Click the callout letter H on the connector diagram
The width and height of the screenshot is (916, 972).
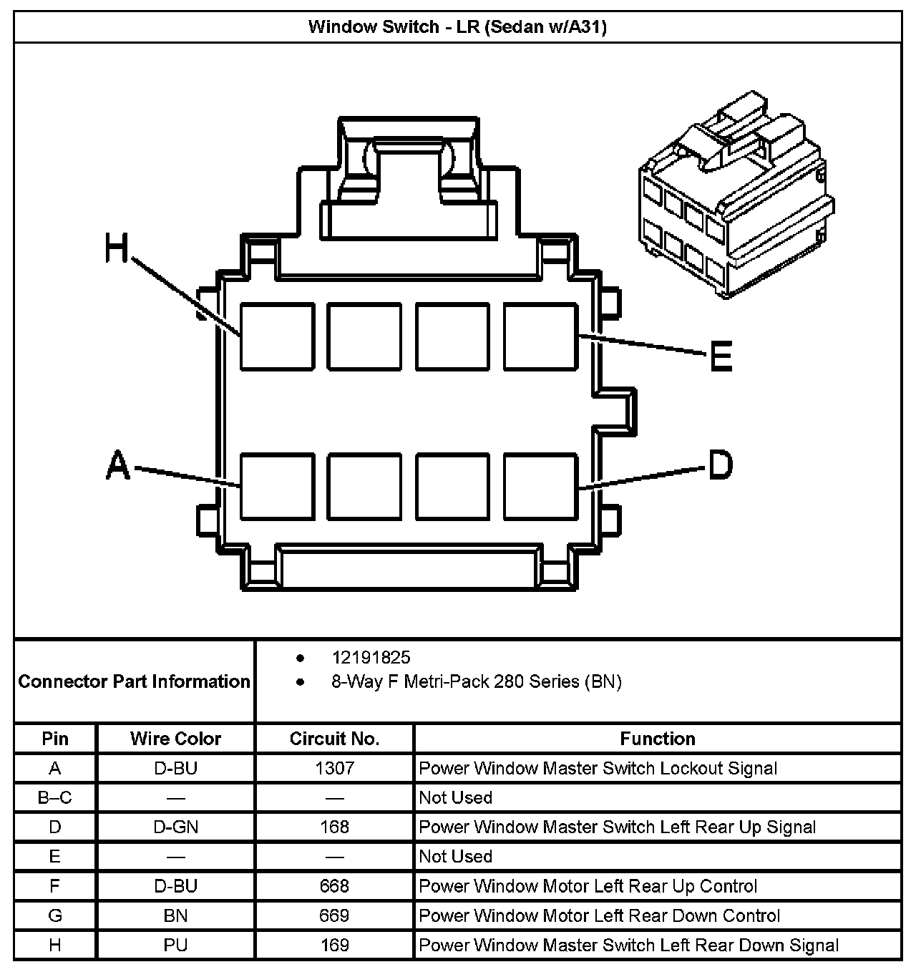(116, 248)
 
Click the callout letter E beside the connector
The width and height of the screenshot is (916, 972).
(721, 356)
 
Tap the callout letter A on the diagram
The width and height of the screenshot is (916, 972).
(118, 465)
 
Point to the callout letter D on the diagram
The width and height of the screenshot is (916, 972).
(720, 465)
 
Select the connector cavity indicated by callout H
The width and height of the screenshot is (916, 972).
(277, 336)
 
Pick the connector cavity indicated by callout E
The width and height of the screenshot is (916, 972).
(540, 336)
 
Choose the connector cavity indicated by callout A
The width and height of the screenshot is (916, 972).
(277, 486)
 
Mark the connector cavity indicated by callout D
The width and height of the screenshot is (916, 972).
(540, 486)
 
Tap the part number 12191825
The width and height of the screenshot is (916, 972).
(371, 657)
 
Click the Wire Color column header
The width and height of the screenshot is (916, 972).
(175, 739)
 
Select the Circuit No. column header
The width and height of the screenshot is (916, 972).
(334, 739)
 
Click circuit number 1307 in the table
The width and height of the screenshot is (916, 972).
(334, 768)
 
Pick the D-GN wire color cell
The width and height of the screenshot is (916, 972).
(175, 827)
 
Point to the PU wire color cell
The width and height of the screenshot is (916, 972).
(175, 945)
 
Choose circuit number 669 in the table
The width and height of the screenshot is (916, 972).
(334, 915)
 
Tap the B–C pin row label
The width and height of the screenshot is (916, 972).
(55, 797)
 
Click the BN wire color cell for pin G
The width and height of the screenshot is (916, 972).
(175, 915)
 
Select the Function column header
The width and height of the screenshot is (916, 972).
(657, 739)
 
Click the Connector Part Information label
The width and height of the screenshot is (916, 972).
(135, 681)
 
